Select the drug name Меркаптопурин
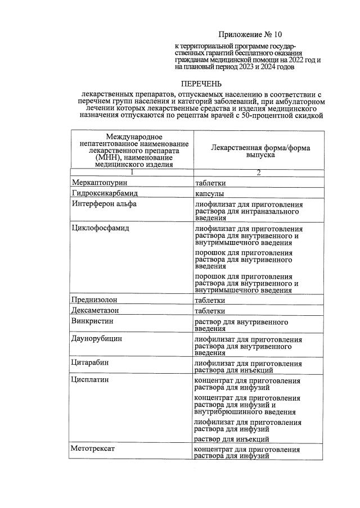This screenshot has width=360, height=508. point(100,183)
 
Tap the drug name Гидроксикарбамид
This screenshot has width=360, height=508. point(105,193)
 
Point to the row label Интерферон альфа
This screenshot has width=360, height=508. point(104,203)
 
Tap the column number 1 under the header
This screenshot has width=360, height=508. point(131,173)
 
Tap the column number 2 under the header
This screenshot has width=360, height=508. point(259,173)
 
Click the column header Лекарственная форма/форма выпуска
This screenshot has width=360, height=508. point(259,150)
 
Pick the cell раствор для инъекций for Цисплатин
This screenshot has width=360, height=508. point(231,439)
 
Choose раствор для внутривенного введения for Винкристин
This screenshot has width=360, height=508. point(241,325)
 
